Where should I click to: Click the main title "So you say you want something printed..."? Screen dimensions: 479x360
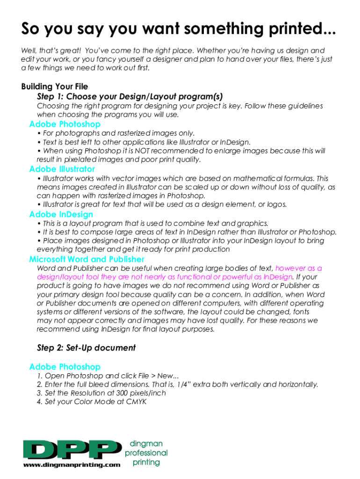(x=178, y=29)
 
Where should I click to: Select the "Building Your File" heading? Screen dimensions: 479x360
(x=54, y=87)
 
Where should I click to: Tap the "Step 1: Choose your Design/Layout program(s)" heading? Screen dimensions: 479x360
(x=126, y=96)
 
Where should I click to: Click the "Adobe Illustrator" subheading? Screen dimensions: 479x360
(x=62, y=169)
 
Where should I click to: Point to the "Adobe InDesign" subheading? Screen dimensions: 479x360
(x=61, y=214)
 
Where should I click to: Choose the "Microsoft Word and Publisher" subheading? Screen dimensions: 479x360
(x=86, y=259)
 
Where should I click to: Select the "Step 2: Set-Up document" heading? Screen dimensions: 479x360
(x=86, y=348)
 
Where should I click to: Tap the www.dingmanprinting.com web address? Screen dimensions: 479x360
(x=72, y=465)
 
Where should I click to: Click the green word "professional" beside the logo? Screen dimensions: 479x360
(x=146, y=453)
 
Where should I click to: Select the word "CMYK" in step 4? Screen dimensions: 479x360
(x=137, y=401)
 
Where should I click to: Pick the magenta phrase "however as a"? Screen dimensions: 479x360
(x=299, y=269)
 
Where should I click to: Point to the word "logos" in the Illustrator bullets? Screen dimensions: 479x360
(x=276, y=204)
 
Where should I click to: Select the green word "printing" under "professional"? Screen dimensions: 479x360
(x=146, y=463)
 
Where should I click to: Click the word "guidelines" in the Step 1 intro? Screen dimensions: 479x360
(x=303, y=106)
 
